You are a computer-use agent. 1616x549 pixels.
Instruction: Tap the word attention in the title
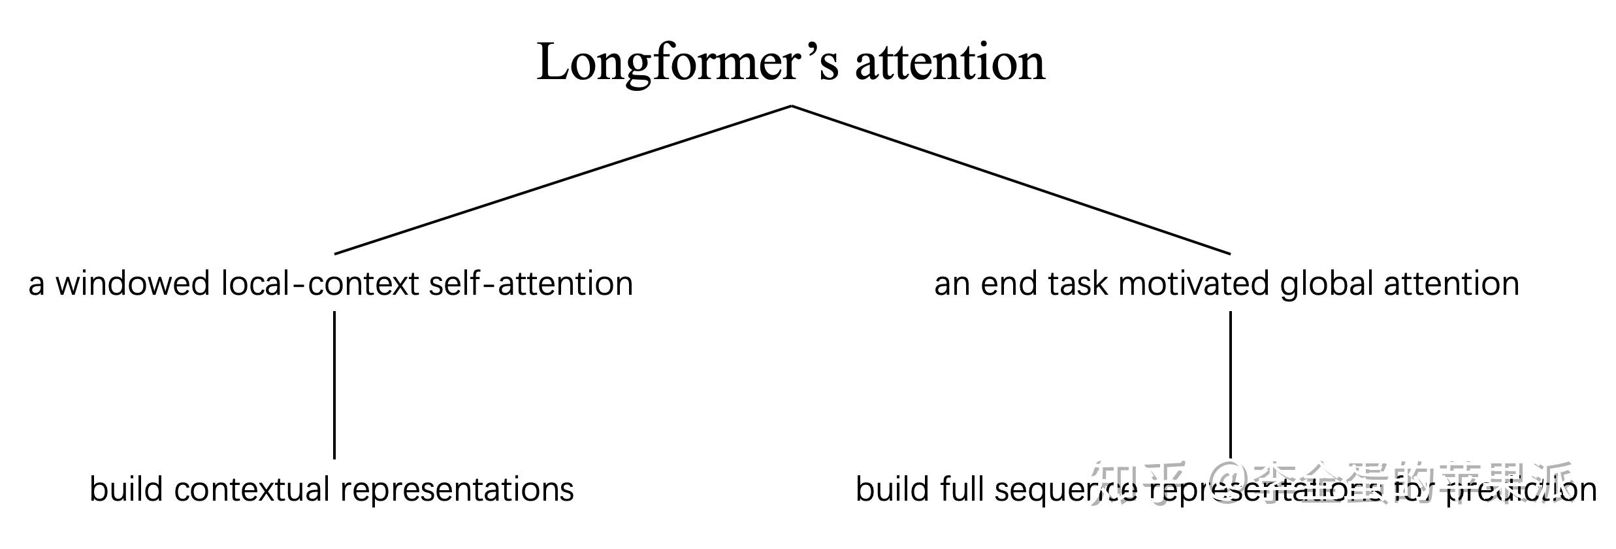point(950,63)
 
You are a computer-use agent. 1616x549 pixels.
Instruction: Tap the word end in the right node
point(1009,284)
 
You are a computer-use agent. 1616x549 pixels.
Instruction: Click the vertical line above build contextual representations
point(334,385)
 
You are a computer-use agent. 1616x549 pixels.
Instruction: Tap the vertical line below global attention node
point(1231,385)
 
